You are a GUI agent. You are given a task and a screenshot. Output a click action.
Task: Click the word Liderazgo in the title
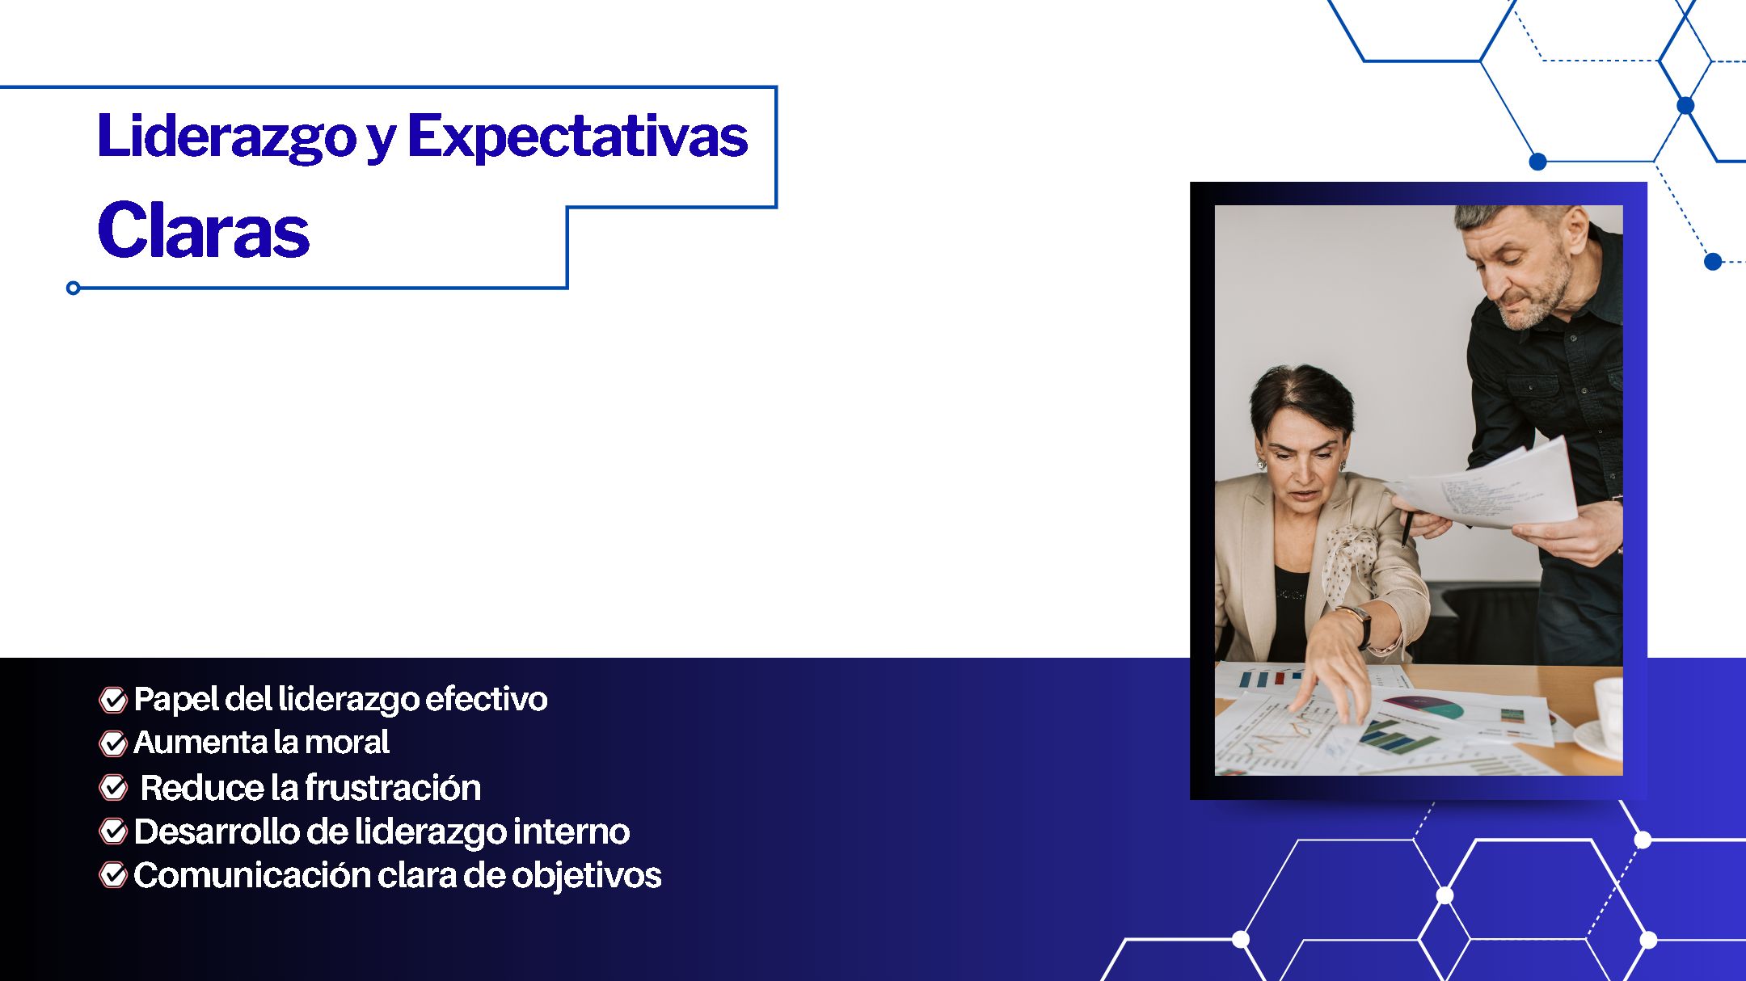click(x=226, y=137)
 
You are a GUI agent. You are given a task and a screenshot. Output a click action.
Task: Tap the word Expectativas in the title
click(x=577, y=135)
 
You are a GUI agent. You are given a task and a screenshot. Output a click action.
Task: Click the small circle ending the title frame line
click(x=73, y=288)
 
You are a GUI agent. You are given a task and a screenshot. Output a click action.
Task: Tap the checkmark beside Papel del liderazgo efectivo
click(x=113, y=700)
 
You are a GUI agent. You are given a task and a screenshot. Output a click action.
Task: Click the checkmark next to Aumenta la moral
click(x=113, y=743)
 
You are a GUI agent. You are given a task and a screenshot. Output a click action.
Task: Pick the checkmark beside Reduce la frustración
click(x=113, y=787)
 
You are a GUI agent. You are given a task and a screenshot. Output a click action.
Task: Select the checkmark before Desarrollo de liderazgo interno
click(x=113, y=831)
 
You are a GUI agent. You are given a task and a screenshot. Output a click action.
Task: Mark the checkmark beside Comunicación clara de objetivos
click(x=113, y=874)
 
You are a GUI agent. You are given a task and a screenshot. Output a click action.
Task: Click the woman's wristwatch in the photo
click(x=1360, y=625)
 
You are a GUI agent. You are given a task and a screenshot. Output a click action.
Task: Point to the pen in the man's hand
click(x=1407, y=526)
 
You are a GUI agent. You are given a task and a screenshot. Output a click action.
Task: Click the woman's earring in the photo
click(x=1260, y=465)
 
